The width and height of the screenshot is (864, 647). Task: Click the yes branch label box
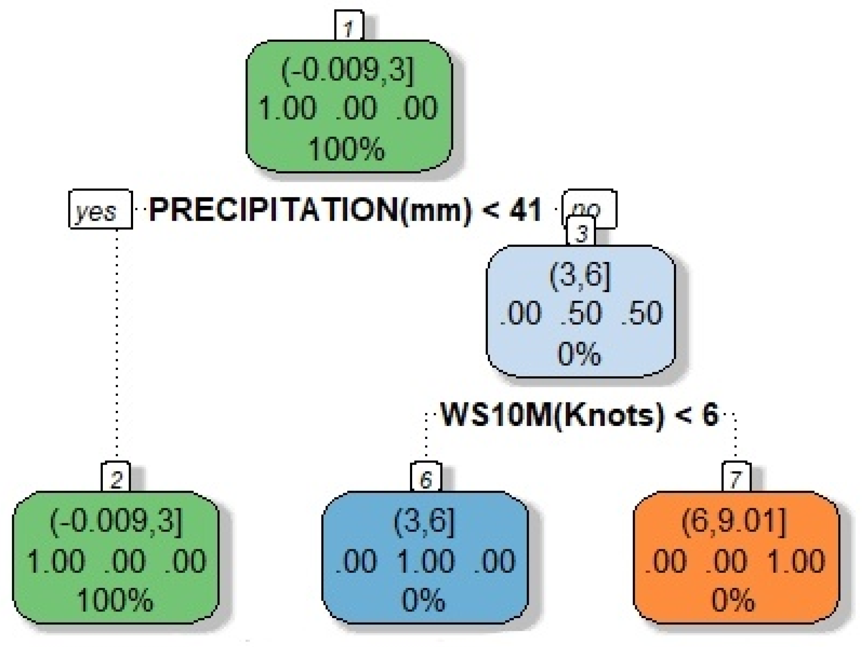pyautogui.click(x=100, y=210)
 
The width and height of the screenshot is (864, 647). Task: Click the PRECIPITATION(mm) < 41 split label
pyautogui.click(x=345, y=210)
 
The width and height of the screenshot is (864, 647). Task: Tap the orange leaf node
pyautogui.click(x=736, y=558)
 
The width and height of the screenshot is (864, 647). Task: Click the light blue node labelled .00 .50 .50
pyautogui.click(x=580, y=311)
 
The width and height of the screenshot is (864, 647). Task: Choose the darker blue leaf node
pyautogui.click(x=425, y=558)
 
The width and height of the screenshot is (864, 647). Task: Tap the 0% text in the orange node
pyautogui.click(x=733, y=599)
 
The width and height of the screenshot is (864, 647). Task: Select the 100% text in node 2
pyautogui.click(x=115, y=599)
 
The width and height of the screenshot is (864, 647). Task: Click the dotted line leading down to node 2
pyautogui.click(x=117, y=347)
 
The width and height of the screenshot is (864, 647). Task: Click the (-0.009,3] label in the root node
pyautogui.click(x=348, y=70)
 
